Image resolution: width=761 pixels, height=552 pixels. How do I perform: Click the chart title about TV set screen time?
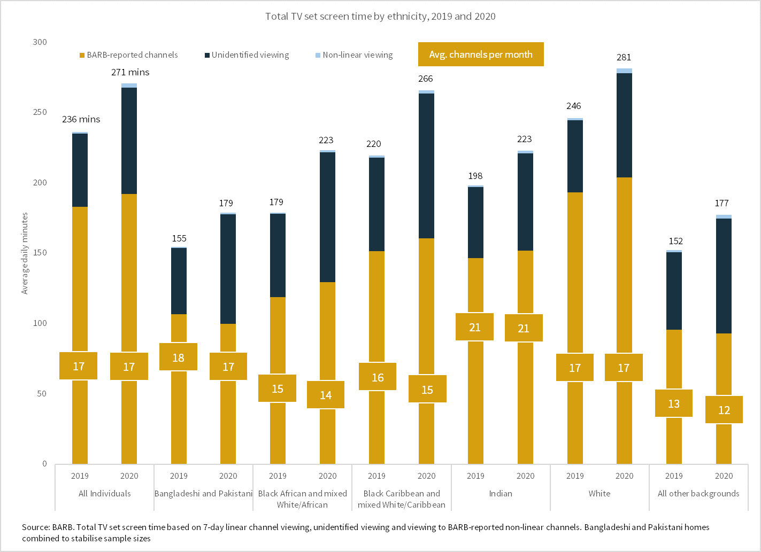click(x=380, y=17)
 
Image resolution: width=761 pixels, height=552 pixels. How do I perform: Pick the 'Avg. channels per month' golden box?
click(x=481, y=55)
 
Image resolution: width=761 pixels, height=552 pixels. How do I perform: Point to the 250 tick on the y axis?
click(x=40, y=112)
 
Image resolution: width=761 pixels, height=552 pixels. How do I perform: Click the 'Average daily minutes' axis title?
click(x=25, y=253)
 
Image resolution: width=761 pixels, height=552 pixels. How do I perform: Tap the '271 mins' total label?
click(x=130, y=72)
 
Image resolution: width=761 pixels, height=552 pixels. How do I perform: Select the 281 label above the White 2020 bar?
click(x=624, y=57)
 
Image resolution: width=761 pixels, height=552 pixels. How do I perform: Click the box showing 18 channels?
click(x=178, y=357)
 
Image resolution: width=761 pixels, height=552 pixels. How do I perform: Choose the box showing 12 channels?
click(x=724, y=410)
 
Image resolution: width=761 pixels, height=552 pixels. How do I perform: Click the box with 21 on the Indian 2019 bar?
click(x=475, y=327)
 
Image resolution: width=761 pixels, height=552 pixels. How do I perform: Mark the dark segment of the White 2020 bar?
click(x=624, y=126)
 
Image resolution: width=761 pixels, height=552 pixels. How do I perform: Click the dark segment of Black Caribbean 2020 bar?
click(x=426, y=166)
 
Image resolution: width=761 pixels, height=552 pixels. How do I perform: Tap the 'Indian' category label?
click(x=501, y=494)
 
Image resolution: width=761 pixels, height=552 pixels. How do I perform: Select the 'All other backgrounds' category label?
click(x=698, y=494)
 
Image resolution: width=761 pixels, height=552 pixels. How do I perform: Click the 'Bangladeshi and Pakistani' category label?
click(x=203, y=494)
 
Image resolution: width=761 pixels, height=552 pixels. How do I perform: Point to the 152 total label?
click(x=675, y=242)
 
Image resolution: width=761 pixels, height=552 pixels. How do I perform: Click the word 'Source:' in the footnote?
click(x=36, y=527)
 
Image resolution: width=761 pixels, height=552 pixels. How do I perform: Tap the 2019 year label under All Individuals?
click(x=80, y=476)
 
